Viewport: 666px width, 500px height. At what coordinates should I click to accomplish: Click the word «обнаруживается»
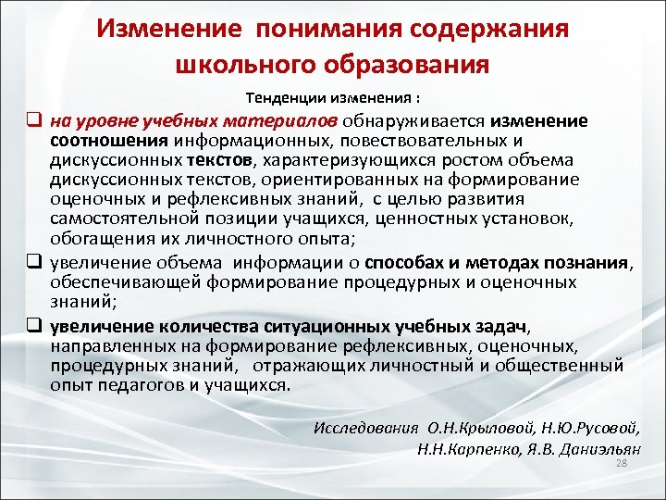coord(415,120)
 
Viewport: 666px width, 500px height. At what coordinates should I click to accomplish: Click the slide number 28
coord(622,464)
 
